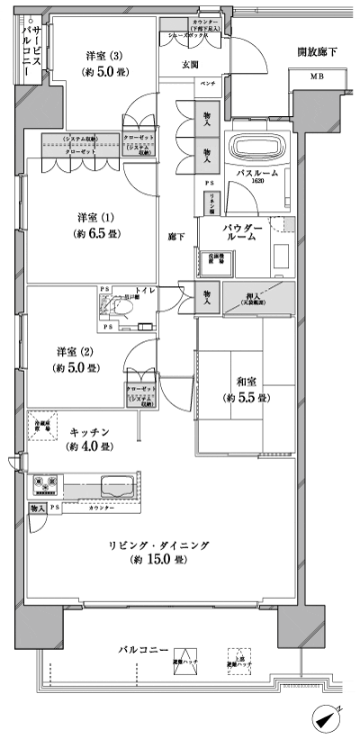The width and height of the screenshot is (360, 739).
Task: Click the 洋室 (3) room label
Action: [98, 63]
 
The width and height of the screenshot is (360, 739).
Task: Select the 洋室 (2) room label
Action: [78, 359]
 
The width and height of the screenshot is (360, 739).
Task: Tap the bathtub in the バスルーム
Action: [256, 145]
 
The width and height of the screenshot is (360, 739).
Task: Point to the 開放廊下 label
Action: [317, 52]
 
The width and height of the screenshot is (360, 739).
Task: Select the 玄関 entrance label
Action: [191, 64]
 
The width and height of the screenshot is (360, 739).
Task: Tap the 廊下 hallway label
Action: [176, 237]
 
